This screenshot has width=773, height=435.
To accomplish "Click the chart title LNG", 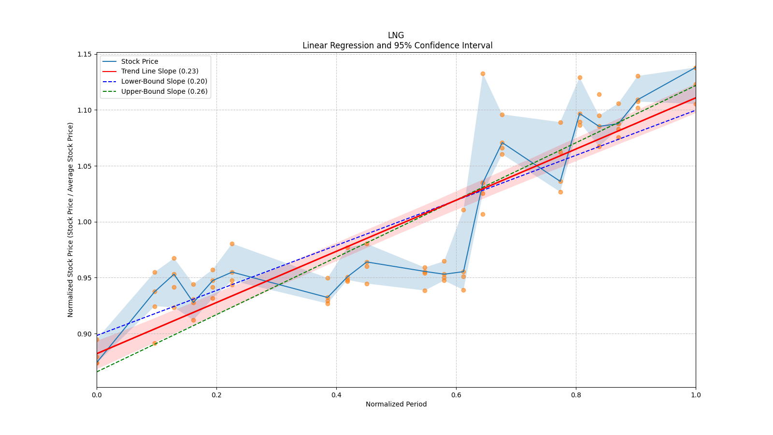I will pos(396,35).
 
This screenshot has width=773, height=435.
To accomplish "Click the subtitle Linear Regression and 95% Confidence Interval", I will pos(397,45).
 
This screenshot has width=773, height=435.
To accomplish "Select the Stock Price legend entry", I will pos(140,61).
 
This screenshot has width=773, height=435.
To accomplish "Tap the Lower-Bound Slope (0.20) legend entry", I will pos(164,81).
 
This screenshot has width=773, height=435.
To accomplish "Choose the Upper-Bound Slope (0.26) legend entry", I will pos(164,91).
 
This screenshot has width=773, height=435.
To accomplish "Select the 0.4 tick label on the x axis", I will pos(336,395).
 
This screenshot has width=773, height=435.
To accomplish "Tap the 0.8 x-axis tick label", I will pos(576,395).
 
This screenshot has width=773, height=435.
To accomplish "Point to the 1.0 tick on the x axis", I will pos(696,395).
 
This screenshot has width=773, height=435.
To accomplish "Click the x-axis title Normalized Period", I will pos(396,404).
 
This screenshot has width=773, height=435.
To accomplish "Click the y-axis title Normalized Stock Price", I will pos(71,219).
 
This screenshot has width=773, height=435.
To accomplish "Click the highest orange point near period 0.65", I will pos(483,73).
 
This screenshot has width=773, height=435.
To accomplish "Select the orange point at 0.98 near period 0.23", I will pos(232,244).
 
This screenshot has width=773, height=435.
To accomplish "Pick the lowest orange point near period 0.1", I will pos(155,343).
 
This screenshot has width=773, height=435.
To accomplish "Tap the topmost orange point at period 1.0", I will pos(696,68).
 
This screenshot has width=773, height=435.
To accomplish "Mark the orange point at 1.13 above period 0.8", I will pos(580,77).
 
